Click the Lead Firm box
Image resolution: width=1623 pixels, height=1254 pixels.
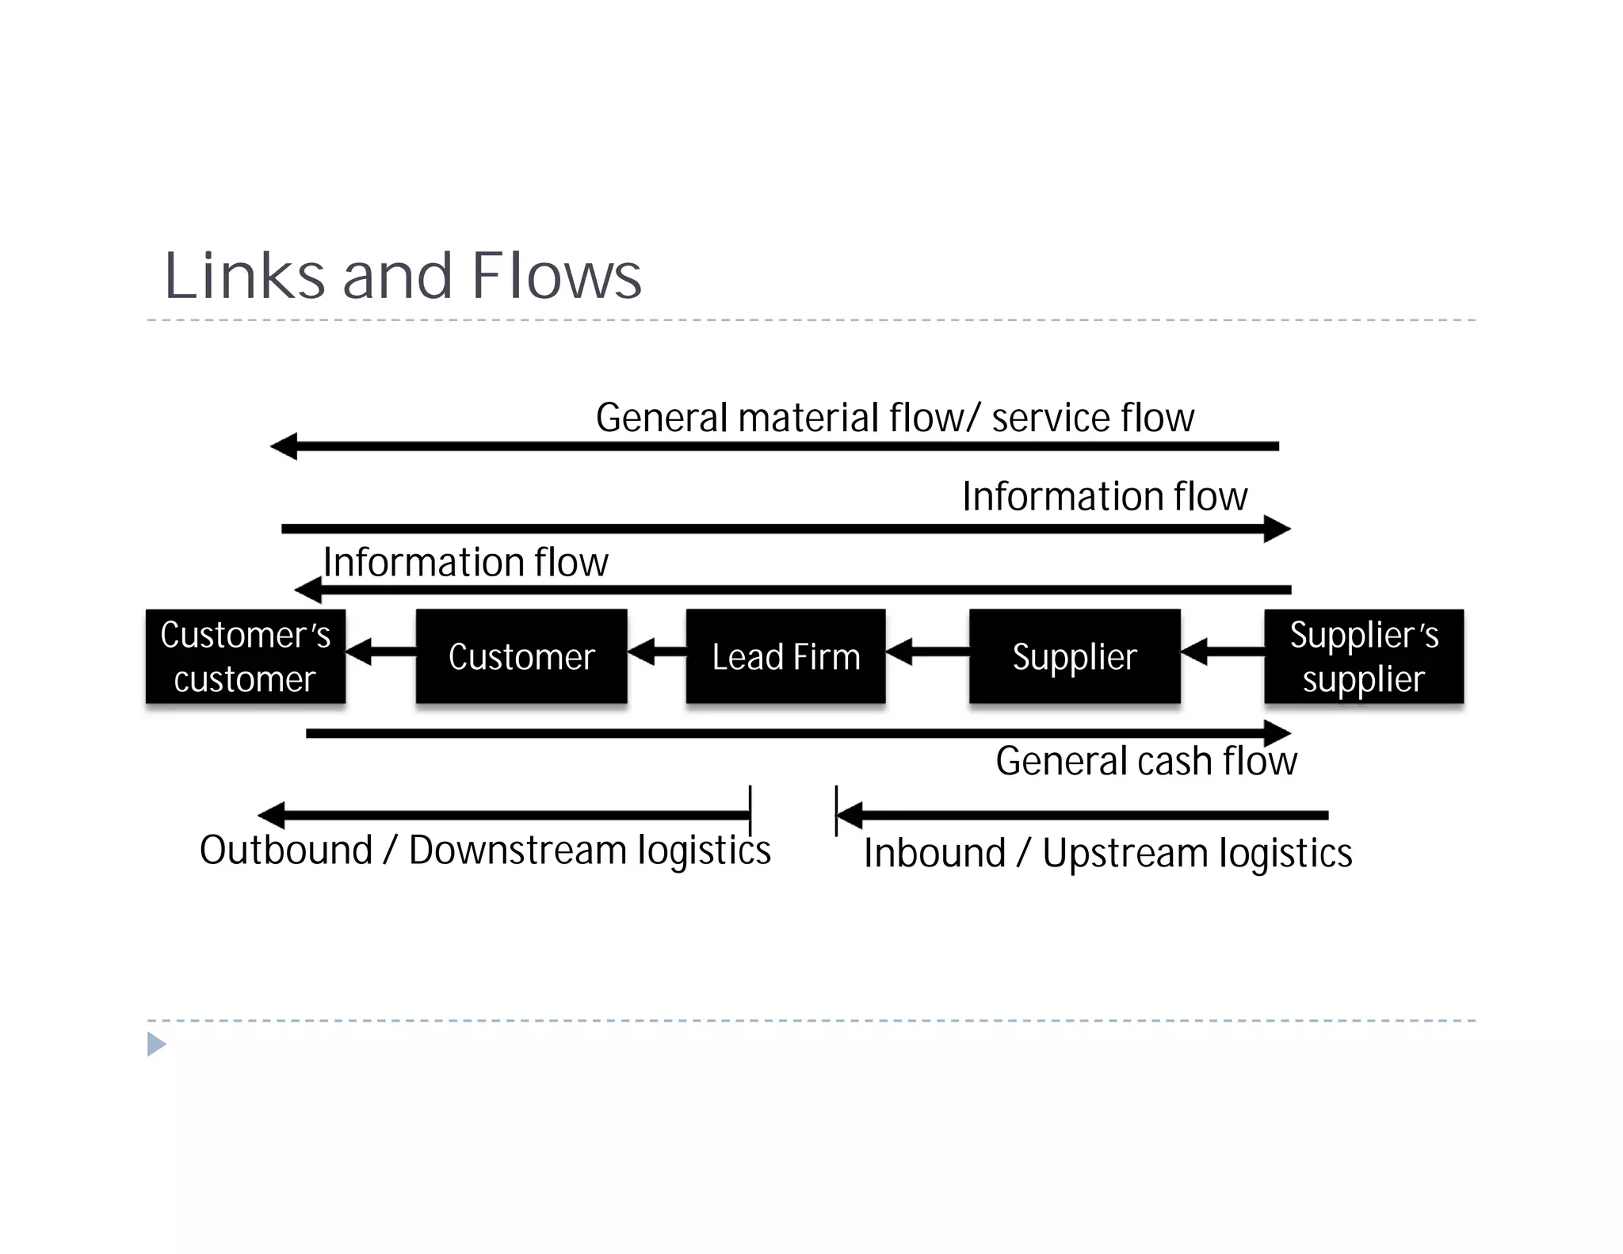tap(785, 656)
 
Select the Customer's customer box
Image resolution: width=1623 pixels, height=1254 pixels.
tap(245, 656)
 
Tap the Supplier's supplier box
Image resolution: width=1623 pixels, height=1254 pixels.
tap(1363, 656)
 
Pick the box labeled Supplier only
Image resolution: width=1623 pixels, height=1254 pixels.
tap(1074, 656)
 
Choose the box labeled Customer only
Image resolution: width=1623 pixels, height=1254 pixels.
tap(521, 656)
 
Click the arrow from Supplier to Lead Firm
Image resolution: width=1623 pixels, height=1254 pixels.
tap(927, 652)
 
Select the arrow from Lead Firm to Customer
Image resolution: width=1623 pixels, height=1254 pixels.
tap(657, 652)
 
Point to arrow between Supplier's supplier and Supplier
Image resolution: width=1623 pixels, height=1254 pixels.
tap(1222, 652)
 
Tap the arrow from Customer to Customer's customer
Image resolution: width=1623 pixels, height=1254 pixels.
tap(380, 652)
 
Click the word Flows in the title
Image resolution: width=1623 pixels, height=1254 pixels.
tap(556, 277)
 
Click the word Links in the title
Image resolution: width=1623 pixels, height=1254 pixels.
tap(244, 277)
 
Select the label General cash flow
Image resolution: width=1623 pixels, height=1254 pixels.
tap(1146, 761)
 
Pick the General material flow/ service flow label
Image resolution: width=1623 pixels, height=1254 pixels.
tap(894, 418)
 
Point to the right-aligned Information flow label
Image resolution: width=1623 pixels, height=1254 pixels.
tap(1104, 497)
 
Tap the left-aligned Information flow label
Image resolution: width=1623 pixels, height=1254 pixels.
tap(466, 562)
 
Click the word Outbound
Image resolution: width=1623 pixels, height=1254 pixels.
tap(285, 850)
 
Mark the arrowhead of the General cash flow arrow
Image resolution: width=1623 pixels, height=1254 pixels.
tap(1277, 733)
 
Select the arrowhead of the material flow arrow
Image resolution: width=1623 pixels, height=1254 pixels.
tap(285, 446)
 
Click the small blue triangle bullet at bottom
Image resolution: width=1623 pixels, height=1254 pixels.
tap(156, 1044)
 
